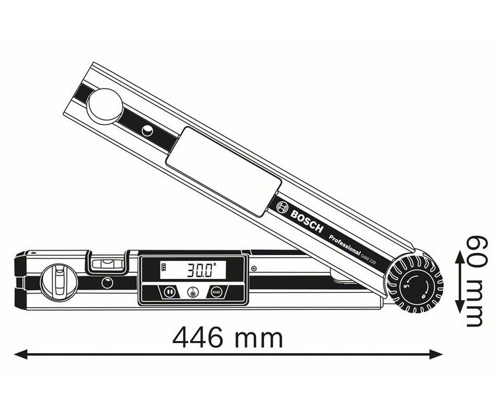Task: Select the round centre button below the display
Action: click(x=192, y=291)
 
